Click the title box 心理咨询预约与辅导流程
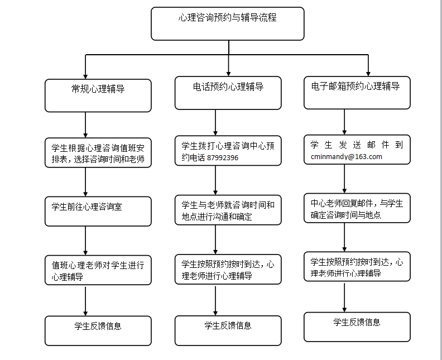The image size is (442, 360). (228, 23)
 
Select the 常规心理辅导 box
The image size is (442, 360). (98, 95)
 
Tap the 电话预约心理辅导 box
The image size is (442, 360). (228, 93)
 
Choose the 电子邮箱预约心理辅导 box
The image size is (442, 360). (357, 93)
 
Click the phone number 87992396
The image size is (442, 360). (223, 157)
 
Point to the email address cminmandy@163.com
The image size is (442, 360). (347, 156)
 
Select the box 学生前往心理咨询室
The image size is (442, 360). (98, 212)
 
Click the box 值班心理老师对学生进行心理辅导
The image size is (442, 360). (98, 270)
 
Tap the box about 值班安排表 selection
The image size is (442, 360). (98, 153)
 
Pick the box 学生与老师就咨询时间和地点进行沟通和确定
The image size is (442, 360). (228, 210)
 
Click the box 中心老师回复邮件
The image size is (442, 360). (357, 208)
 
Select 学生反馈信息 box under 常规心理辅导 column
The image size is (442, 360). (98, 330)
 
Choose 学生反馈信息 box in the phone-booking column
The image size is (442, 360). (228, 330)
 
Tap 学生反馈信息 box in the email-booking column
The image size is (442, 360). (357, 327)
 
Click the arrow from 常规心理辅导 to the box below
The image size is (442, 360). (85, 125)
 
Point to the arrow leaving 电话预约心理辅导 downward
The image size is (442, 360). (215, 123)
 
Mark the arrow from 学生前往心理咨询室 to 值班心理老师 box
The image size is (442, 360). (85, 241)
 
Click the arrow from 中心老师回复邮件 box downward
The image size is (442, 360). (344, 237)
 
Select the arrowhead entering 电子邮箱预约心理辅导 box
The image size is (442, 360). (368, 74)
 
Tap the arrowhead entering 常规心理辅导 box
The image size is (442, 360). (85, 76)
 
